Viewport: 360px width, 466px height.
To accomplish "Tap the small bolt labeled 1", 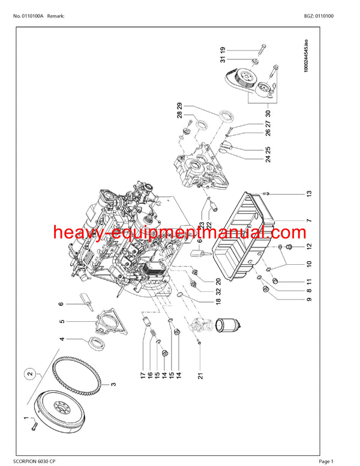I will [x=35, y=426].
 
